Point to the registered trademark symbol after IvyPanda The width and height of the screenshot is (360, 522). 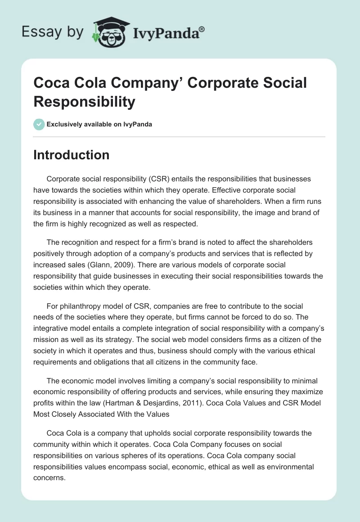point(202,29)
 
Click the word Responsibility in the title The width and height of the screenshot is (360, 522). point(84,102)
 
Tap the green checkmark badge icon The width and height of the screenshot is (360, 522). point(39,124)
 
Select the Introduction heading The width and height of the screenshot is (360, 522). point(71,155)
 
